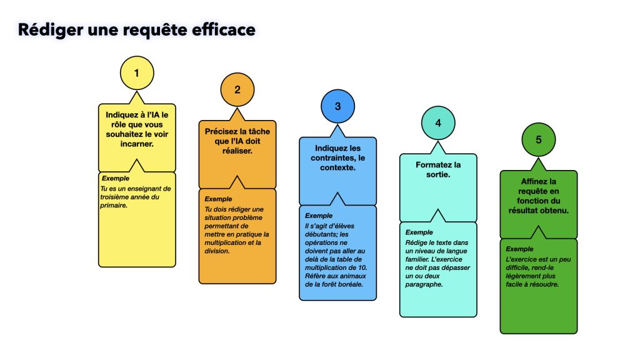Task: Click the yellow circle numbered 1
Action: pyautogui.click(x=137, y=74)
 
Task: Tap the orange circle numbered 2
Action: pyautogui.click(x=237, y=89)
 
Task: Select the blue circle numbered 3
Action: pyautogui.click(x=337, y=107)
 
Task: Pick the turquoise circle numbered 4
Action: pyautogui.click(x=438, y=123)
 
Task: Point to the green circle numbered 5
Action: pyautogui.click(x=539, y=140)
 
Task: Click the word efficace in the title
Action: pyautogui.click(x=222, y=29)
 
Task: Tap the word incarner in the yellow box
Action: pyautogui.click(x=137, y=143)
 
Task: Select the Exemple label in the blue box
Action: pyautogui.click(x=318, y=216)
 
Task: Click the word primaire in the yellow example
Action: pyautogui.click(x=114, y=206)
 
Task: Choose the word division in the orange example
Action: pyautogui.click(x=217, y=251)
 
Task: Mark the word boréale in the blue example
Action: pyautogui.click(x=349, y=285)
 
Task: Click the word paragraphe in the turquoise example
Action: pyautogui.click(x=425, y=285)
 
